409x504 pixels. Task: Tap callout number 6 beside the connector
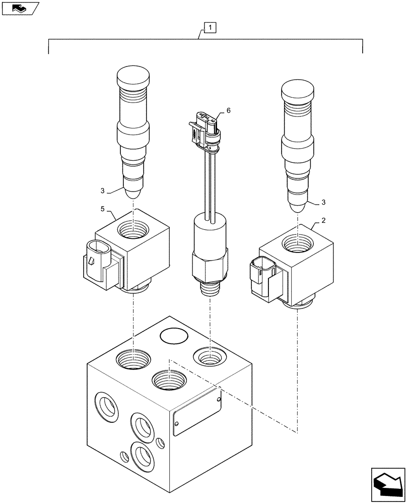tap(229, 110)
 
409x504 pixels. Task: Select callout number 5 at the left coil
tap(103, 208)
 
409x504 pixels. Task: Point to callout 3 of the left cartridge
tap(103, 191)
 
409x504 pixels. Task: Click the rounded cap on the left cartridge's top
tap(133, 78)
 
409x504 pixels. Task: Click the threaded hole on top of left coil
tap(133, 231)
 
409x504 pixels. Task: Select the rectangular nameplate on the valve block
tap(197, 415)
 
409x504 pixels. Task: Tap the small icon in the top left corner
tap(20, 9)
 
